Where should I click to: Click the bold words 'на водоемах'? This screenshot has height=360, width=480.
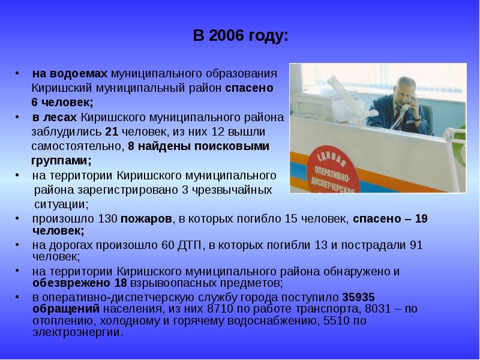70,74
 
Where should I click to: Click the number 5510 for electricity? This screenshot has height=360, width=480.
333,321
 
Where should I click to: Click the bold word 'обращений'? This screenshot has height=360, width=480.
65,310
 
